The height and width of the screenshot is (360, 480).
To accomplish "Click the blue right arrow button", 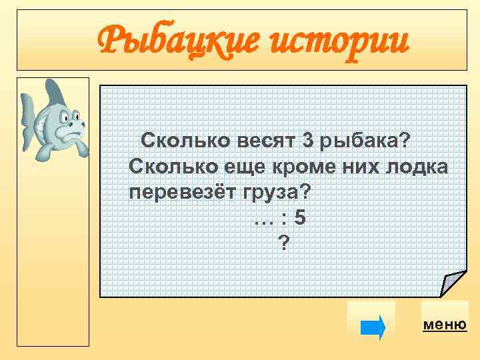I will pyautogui.click(x=372, y=327).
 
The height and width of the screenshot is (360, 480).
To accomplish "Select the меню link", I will pyautogui.click(x=445, y=325).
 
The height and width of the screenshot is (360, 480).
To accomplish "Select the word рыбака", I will pyautogui.click(x=365, y=141).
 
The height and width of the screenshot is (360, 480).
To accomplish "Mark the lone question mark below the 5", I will pyautogui.click(x=285, y=244).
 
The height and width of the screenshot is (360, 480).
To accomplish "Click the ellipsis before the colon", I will pyautogui.click(x=262, y=219).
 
